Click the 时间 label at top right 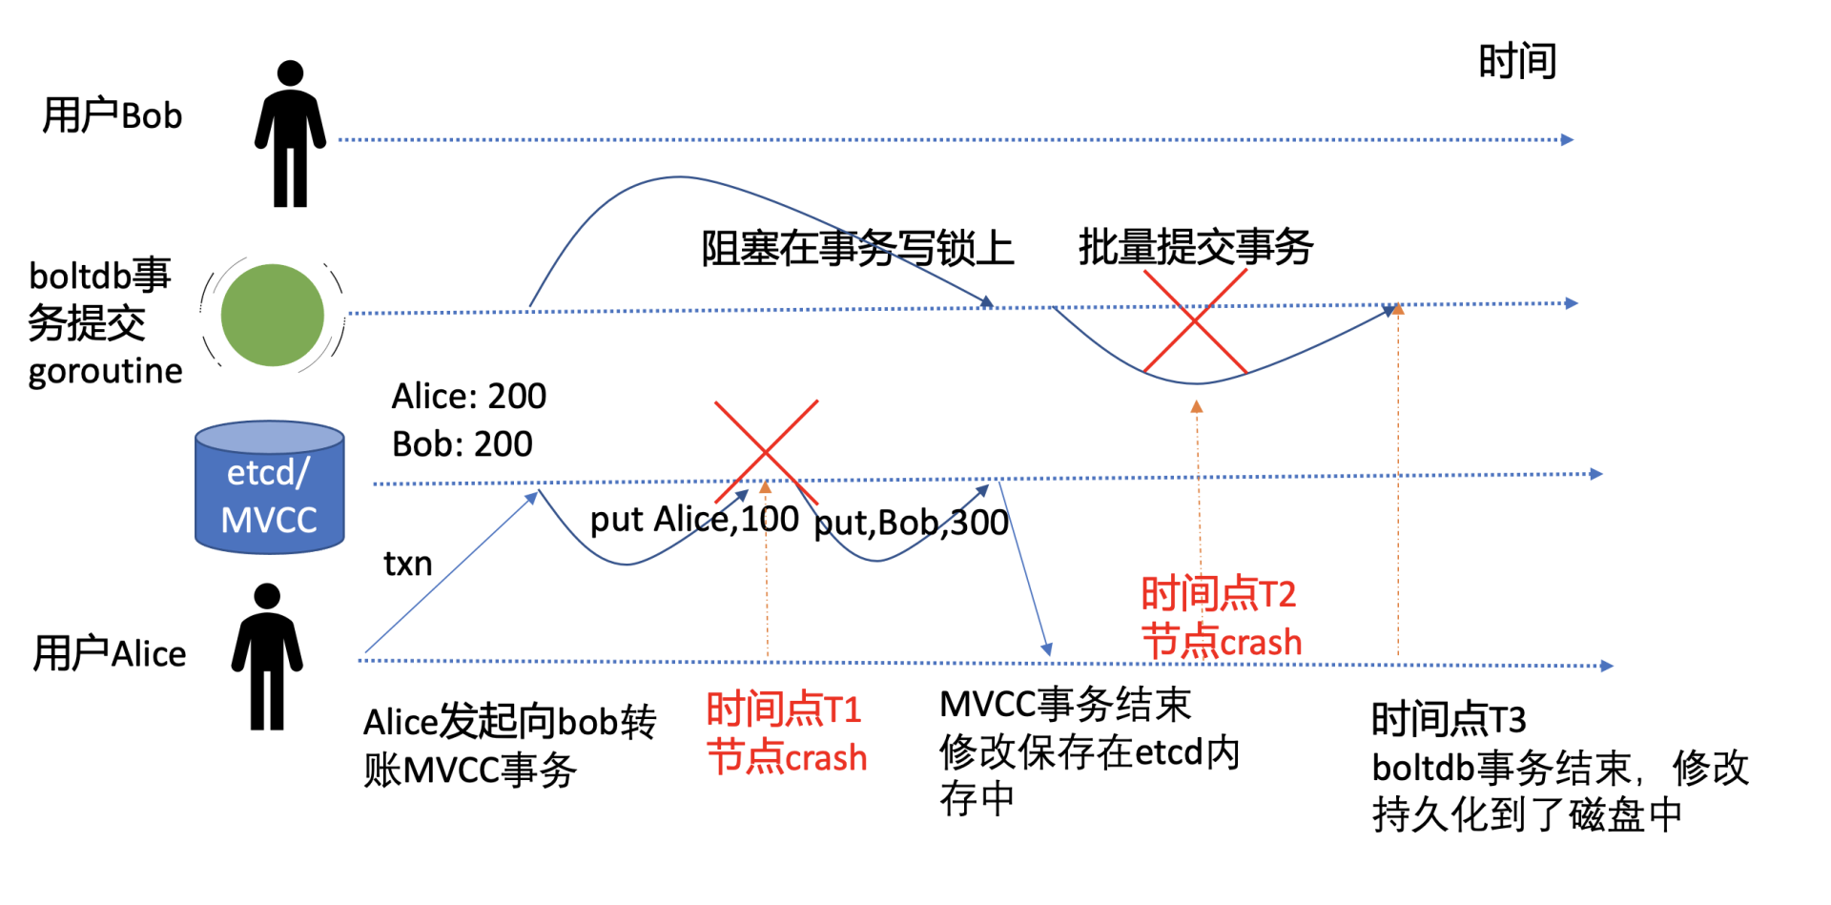pos(1517,62)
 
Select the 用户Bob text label pos(112,116)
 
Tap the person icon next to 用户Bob pos(290,134)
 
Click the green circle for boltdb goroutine pos(272,315)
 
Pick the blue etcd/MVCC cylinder pos(270,487)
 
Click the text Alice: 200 pos(468,396)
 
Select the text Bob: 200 pos(462,444)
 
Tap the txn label pos(407,564)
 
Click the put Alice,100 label pos(694,520)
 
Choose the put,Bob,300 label pos(911,523)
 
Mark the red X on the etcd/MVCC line pos(766,451)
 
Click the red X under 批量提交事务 pos(1195,320)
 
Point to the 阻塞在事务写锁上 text pos(857,249)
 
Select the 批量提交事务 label pos(1196,247)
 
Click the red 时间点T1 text pos(784,710)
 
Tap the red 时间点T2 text pos(1218,594)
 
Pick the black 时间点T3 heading pos(1448,719)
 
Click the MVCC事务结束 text pos(1065,705)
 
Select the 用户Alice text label pos(110,654)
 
